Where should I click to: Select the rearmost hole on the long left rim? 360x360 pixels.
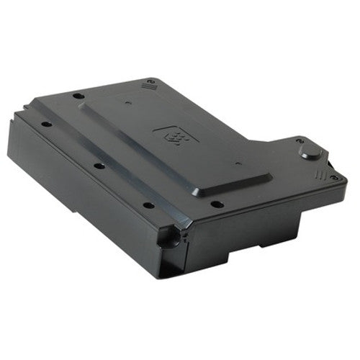(46, 124)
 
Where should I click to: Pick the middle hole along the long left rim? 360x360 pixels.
(99, 166)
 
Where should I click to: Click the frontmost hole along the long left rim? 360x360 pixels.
(148, 204)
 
